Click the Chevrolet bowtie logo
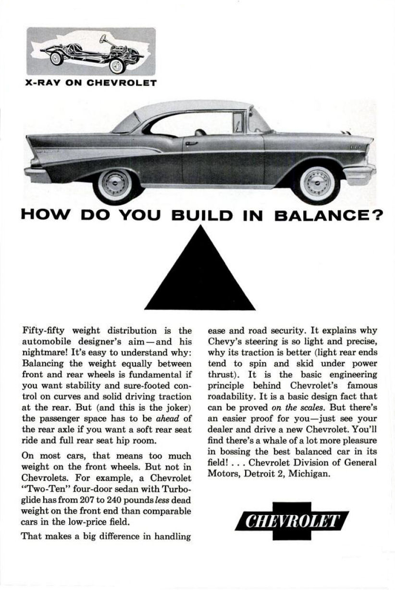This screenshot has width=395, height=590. pos(292,521)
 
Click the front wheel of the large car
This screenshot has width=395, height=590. pos(317,183)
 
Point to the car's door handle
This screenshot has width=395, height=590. pos(191,143)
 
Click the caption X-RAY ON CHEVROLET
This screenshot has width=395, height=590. pos(91,83)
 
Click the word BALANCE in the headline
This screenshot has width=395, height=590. pos(324,214)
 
